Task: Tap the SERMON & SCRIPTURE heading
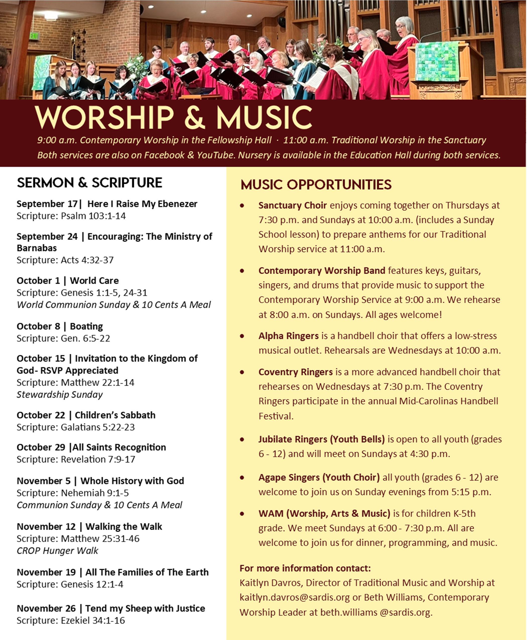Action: [89, 183]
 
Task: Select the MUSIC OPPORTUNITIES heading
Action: [316, 184]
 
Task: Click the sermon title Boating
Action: [86, 326]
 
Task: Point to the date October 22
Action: [41, 415]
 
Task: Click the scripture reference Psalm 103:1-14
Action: [93, 216]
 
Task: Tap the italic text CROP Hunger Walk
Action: [57, 550]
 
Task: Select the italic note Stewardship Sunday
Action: [59, 394]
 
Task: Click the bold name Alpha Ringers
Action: [288, 336]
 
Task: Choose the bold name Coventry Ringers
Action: [295, 372]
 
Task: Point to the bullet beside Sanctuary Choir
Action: [242, 206]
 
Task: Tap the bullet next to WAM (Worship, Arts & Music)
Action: [242, 514]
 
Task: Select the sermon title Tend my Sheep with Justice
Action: [145, 608]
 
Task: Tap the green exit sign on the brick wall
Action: [34, 36]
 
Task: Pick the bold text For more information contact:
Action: [305, 568]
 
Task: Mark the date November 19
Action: [46, 572]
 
